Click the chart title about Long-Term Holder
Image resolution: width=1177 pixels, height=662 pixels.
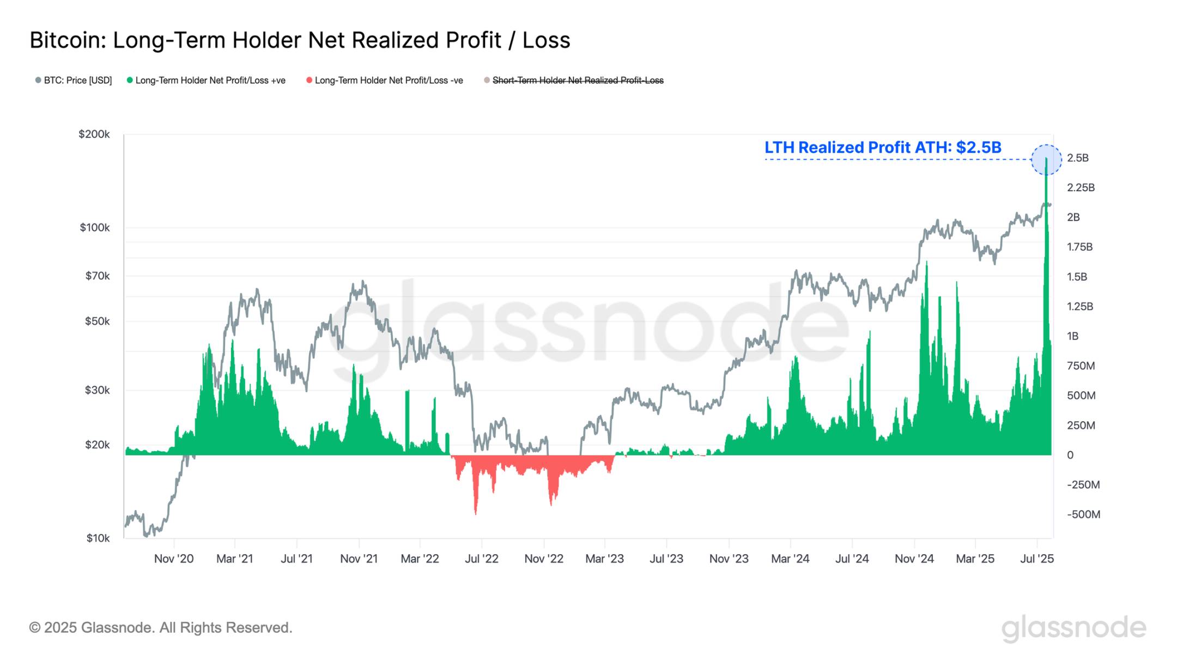click(x=300, y=40)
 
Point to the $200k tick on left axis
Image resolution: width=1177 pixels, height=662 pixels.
click(x=94, y=134)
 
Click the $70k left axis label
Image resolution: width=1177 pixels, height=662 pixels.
click(x=97, y=276)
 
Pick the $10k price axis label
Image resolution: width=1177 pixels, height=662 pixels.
click(x=98, y=538)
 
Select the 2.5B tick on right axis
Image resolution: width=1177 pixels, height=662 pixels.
click(x=1077, y=158)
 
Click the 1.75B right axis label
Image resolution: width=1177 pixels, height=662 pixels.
click(x=1079, y=247)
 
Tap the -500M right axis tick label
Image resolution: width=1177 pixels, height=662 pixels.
click(x=1083, y=514)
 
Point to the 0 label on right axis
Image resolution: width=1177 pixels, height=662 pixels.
click(x=1070, y=455)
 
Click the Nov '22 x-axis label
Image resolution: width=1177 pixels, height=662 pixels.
click(x=543, y=558)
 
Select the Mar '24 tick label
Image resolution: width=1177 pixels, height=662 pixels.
click(x=790, y=558)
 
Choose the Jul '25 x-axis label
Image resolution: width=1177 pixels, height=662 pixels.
click(x=1036, y=558)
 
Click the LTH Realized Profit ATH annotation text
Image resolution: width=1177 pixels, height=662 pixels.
click(x=883, y=147)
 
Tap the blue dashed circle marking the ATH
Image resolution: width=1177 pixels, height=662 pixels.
click(x=1046, y=160)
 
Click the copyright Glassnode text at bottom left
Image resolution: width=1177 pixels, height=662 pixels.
click(x=161, y=628)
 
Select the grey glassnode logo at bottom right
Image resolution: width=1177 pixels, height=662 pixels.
click(x=1073, y=628)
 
